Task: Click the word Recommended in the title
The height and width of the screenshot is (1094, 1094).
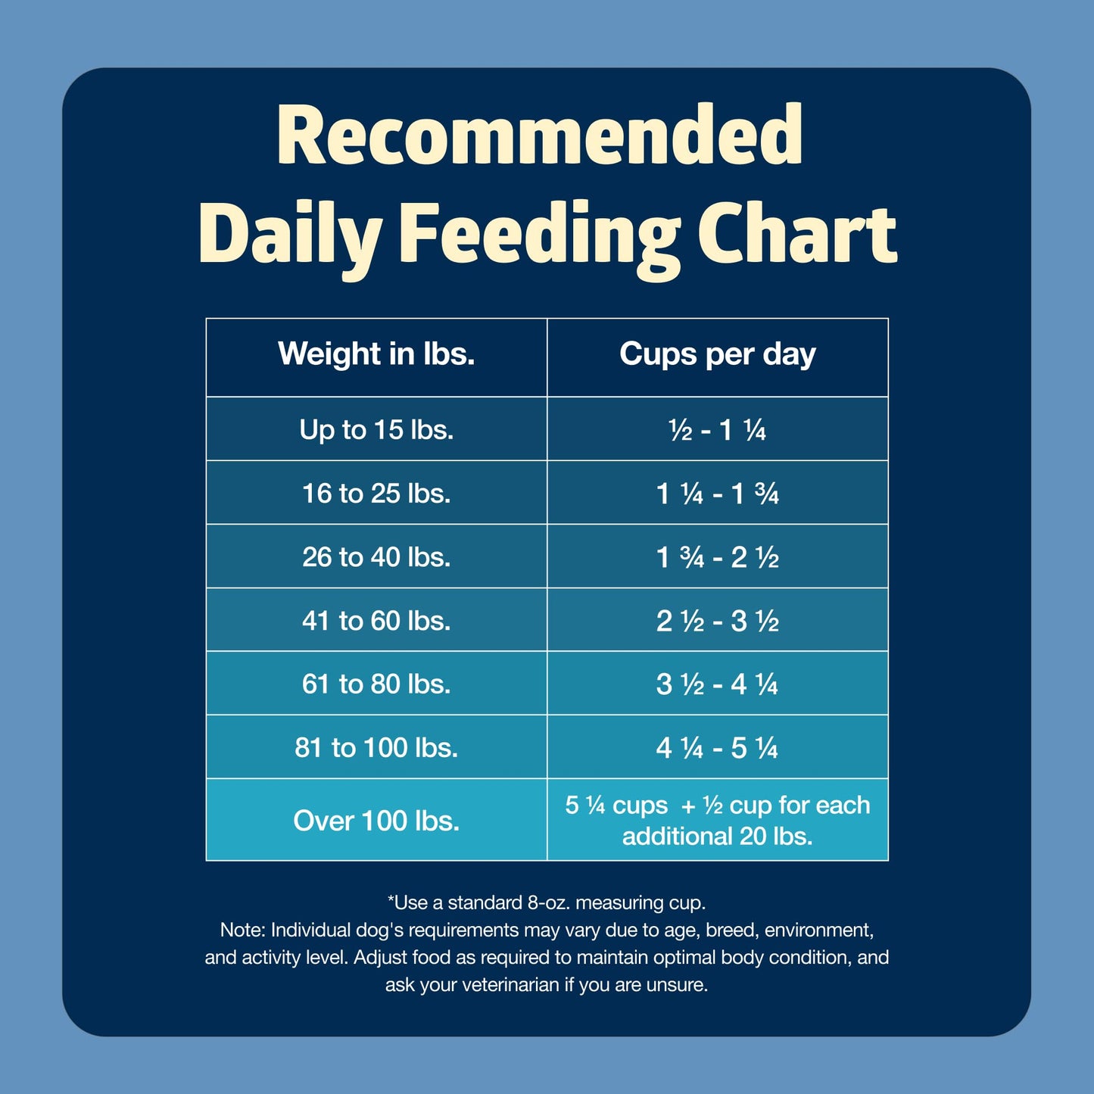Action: pos(539,136)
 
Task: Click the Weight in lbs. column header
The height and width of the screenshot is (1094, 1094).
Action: pos(376,354)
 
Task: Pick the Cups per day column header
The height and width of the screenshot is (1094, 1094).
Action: pos(717,354)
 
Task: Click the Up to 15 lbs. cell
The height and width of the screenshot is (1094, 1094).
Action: pos(376,430)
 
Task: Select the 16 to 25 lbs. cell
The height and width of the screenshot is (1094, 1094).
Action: pos(376,494)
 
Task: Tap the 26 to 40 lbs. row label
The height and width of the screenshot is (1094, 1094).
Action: pos(376,557)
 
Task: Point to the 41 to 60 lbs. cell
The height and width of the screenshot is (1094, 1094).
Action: pos(376,621)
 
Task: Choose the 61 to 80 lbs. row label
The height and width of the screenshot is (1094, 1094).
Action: pos(376,684)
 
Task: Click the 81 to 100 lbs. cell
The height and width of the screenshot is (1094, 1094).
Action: pos(376,748)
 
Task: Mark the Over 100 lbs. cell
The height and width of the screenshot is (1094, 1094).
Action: pos(376,821)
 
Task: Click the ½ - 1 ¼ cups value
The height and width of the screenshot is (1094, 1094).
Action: pos(717,431)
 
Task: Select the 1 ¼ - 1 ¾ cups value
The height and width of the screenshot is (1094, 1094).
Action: pos(717,494)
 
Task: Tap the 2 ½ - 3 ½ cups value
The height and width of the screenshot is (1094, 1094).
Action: pos(717,622)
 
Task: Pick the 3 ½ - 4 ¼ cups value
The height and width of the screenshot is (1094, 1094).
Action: pos(717,685)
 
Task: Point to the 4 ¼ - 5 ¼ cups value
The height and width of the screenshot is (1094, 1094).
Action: pos(717,749)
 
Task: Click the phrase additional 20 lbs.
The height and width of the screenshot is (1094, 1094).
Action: pos(717,837)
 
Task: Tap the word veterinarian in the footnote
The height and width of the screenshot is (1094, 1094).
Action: pos(511,985)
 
